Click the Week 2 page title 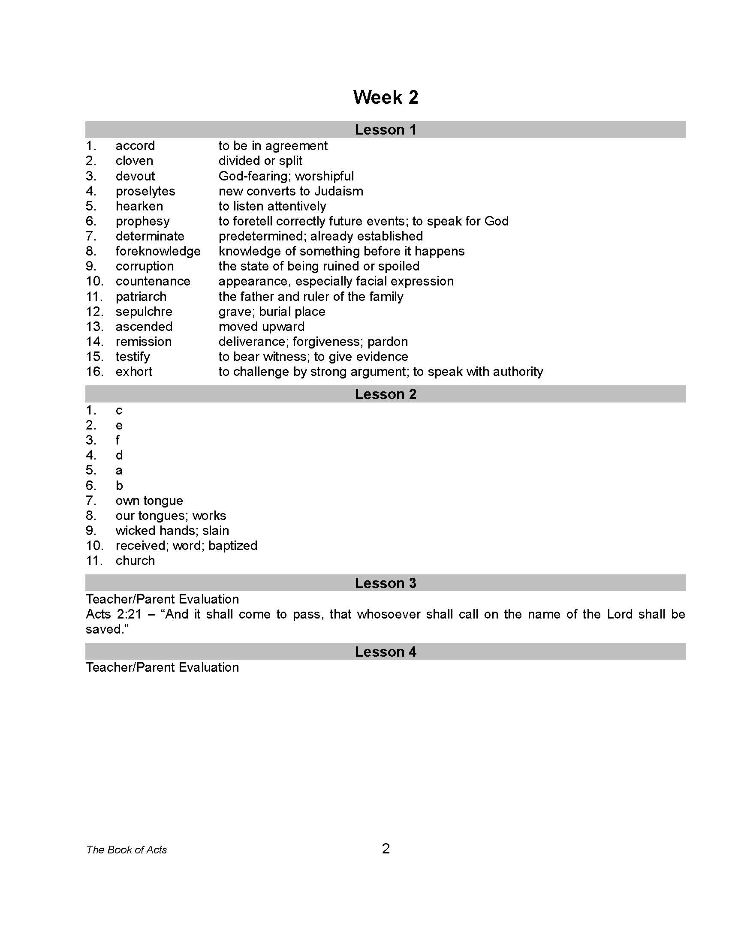click(x=385, y=97)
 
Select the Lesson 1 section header click(x=385, y=130)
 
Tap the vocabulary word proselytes click(x=145, y=191)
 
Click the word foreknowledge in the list click(x=158, y=251)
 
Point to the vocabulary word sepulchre click(x=144, y=311)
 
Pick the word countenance click(x=153, y=281)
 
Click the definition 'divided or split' click(x=260, y=161)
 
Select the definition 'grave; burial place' click(x=271, y=311)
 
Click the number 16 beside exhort click(x=95, y=371)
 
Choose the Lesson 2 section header click(x=385, y=394)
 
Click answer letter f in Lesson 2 click(x=117, y=440)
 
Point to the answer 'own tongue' click(x=149, y=500)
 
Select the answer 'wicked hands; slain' click(x=172, y=530)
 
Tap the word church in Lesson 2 click(x=135, y=561)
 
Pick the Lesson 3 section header click(x=385, y=583)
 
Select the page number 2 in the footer click(x=386, y=849)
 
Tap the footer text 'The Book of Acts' click(x=126, y=850)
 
